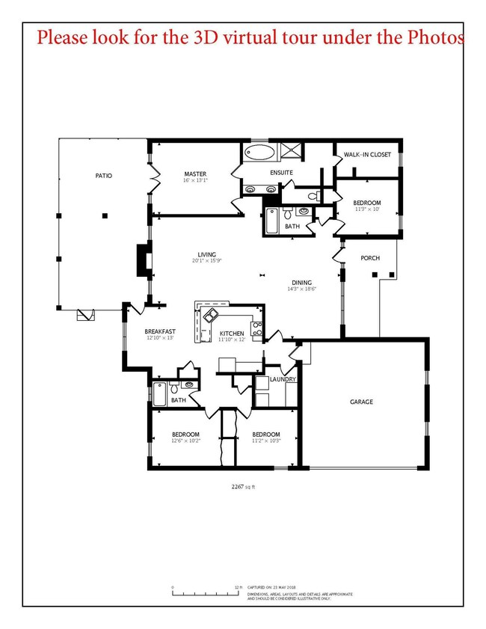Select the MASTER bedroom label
195,174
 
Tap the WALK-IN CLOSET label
366,155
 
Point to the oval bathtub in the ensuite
259,153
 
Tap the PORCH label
370,258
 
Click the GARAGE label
361,402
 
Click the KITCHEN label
231,333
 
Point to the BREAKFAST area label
160,331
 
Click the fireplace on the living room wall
143,261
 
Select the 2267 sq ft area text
244,486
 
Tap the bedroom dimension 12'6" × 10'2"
185,441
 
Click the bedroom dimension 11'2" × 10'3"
265,441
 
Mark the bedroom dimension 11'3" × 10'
366,210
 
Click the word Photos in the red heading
437,37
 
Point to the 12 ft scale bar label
238,588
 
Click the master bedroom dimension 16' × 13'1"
195,180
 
